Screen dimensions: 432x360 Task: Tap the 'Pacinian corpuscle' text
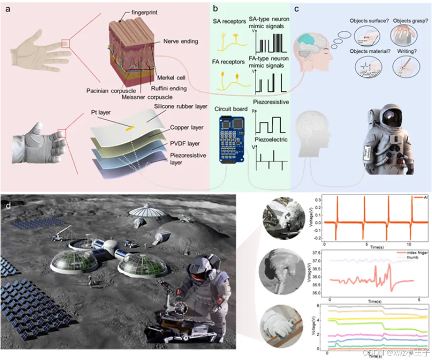pyautogui.click(x=111, y=91)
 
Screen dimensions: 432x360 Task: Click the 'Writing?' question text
pyautogui.click(x=410, y=50)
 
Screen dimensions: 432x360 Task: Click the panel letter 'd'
pyautogui.click(x=8, y=205)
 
